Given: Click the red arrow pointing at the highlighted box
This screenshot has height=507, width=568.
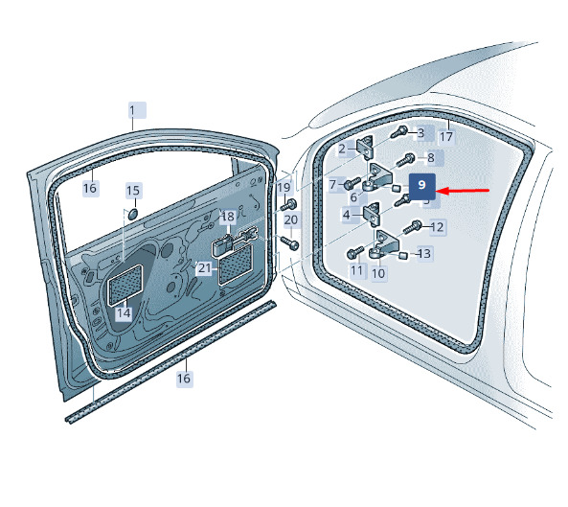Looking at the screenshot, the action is tap(464, 191).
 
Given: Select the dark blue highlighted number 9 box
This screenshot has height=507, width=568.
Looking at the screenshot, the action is tap(422, 186).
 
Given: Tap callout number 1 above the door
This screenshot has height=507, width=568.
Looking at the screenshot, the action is tap(137, 110).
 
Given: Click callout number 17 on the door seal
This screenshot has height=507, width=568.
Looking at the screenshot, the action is tap(446, 137).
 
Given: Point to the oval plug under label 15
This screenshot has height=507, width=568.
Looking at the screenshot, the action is tap(133, 214).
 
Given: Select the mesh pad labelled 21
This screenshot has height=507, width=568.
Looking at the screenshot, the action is tap(236, 265).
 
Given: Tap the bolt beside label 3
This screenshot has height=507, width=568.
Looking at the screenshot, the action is tap(399, 132).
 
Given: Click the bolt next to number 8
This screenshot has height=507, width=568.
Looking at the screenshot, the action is tap(406, 159).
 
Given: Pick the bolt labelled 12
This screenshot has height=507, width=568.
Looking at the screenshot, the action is tap(413, 227).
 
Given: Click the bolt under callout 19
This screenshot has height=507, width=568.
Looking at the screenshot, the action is tap(288, 205).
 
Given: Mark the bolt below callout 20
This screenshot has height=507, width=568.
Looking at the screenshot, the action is tap(290, 242).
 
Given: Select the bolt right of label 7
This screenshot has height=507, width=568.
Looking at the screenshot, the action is tap(352, 183).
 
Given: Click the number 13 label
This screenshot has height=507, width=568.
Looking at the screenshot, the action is tap(424, 253).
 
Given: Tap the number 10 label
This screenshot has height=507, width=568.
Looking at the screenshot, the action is tap(378, 273).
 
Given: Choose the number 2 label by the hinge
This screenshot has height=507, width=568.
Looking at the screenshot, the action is tap(342, 149).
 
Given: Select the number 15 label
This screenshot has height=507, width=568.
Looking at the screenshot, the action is tap(133, 191).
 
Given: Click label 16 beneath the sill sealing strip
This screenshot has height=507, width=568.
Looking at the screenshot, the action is tap(184, 379).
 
